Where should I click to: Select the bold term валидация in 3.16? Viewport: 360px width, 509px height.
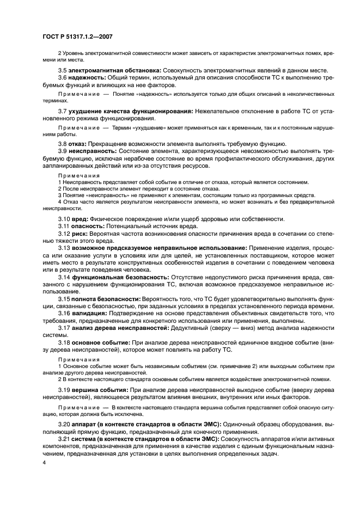(x=88, y=314)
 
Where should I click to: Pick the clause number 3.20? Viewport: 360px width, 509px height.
(x=64, y=423)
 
